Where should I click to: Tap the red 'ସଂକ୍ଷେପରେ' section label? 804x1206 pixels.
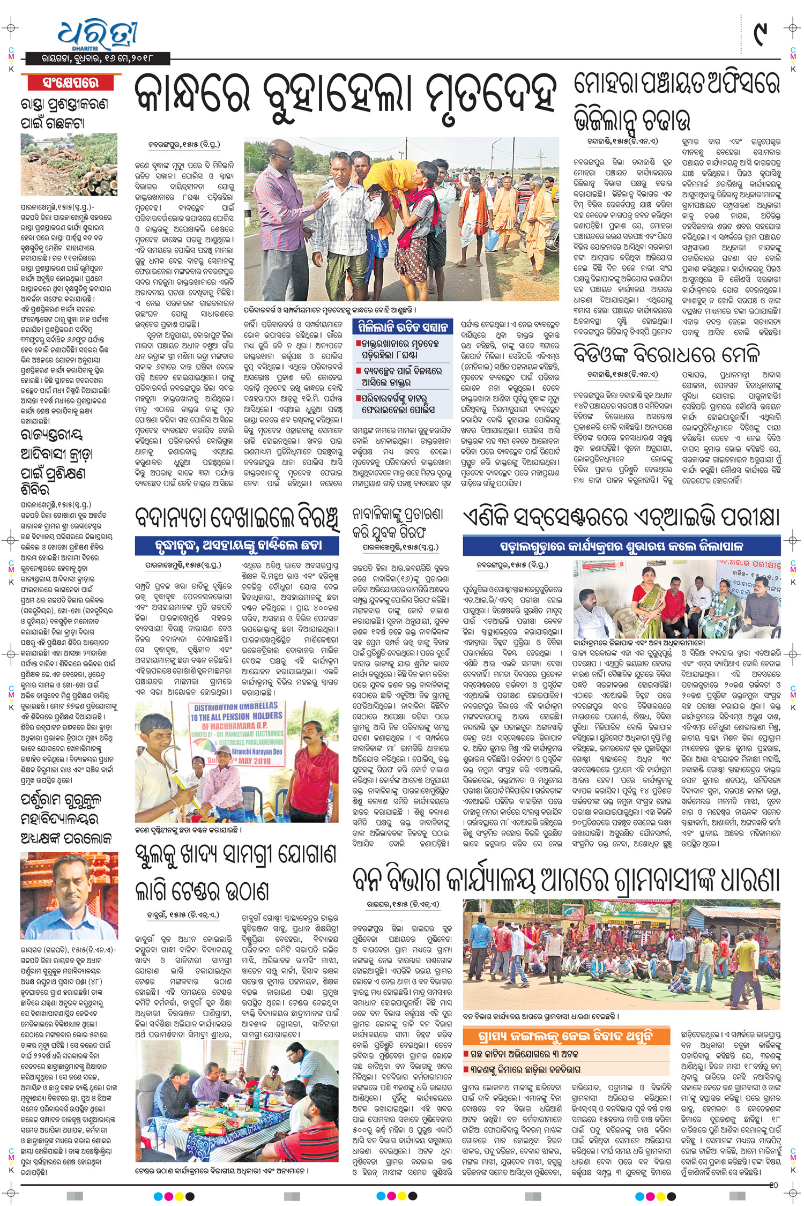[71, 83]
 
